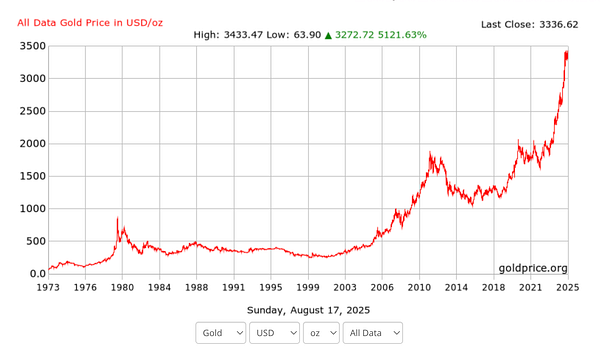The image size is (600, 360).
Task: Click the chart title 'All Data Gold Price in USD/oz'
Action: [91, 22]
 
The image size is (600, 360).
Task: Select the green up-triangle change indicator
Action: [328, 35]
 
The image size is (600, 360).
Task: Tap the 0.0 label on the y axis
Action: [37, 273]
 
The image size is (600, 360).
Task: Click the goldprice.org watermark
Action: [533, 268]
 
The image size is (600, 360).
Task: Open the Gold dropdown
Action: [221, 332]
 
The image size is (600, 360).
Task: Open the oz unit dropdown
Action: [321, 332]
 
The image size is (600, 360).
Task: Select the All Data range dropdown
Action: [373, 332]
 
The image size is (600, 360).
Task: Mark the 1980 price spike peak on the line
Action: [118, 217]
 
